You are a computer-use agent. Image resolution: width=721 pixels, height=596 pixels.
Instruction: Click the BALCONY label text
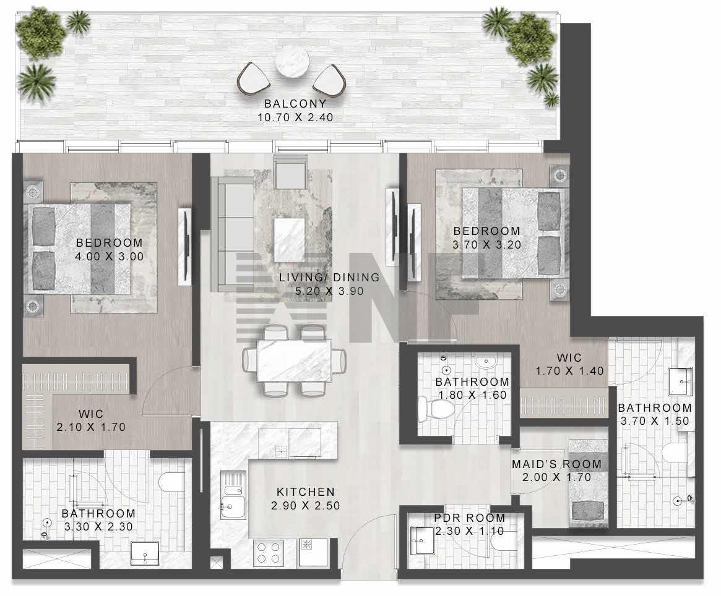[x=295, y=104]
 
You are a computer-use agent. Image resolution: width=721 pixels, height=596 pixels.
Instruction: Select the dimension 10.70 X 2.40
[x=295, y=117]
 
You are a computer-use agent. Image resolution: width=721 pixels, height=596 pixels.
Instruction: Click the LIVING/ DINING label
[x=329, y=278]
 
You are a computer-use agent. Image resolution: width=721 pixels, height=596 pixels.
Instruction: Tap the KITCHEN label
[x=306, y=492]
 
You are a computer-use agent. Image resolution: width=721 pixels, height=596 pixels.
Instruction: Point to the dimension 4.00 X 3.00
[x=110, y=257]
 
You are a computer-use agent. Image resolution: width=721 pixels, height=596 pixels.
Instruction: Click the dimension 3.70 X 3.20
[x=487, y=245]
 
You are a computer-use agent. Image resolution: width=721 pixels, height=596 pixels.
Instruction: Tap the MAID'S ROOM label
[x=557, y=464]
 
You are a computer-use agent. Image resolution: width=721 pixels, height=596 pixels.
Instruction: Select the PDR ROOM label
[x=470, y=518]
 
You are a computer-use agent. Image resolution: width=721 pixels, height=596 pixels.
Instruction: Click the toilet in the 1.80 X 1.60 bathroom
[x=435, y=409]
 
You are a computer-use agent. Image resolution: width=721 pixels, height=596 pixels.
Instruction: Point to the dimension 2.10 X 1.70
[x=91, y=427]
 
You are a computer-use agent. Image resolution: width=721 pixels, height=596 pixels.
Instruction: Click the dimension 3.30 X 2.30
[x=98, y=527]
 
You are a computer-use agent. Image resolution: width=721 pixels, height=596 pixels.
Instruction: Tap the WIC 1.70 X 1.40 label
[x=569, y=364]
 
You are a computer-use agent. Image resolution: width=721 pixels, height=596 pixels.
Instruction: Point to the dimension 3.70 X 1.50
[x=655, y=421]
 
